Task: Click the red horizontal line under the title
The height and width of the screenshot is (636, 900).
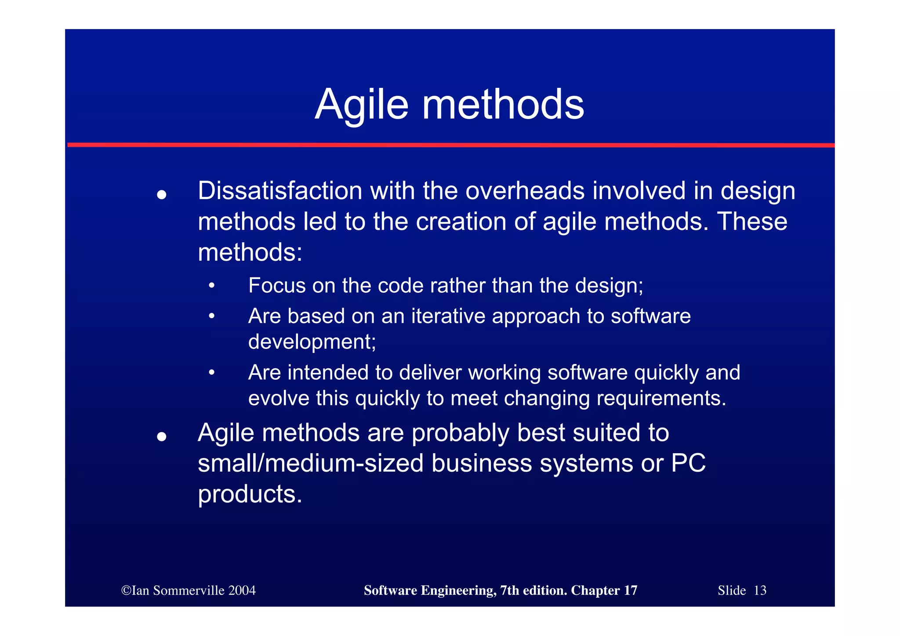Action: click(x=450, y=145)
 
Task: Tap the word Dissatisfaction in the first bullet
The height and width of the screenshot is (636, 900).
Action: click(x=280, y=191)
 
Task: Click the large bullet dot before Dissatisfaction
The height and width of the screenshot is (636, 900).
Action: click(x=162, y=194)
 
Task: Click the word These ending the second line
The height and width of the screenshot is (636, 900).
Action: click(x=752, y=222)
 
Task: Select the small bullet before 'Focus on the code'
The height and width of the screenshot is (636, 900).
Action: click(x=212, y=286)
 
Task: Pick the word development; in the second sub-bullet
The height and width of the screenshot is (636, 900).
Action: click(x=312, y=342)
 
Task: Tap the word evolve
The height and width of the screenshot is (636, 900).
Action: click(x=279, y=398)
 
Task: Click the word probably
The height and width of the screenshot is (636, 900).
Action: click(x=460, y=433)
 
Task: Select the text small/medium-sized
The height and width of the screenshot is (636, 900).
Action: click(x=310, y=464)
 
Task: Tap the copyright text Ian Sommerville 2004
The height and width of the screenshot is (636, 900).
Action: click(x=189, y=590)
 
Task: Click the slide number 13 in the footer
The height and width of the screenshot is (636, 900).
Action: click(x=760, y=590)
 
